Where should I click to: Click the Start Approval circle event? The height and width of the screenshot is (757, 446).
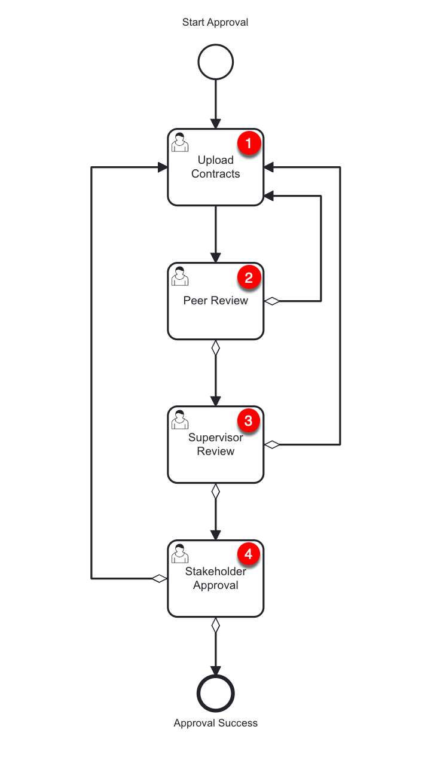(215, 62)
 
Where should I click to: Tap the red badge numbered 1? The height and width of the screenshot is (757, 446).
(249, 144)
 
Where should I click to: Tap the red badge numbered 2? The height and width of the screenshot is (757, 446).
(249, 277)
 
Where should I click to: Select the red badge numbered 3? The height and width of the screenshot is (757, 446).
(249, 421)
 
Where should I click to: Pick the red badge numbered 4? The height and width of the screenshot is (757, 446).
(249, 555)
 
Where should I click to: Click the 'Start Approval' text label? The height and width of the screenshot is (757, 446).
(215, 22)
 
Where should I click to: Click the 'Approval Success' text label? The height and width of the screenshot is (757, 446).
(215, 723)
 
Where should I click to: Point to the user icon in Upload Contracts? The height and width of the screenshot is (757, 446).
(179, 142)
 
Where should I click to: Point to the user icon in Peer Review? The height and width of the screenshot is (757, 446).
(179, 276)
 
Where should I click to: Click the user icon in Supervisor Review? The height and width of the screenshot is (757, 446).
(179, 420)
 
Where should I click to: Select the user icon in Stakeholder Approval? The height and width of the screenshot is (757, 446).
(179, 554)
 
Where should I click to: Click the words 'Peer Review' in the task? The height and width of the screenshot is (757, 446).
(215, 301)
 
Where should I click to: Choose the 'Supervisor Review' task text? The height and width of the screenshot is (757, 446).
(215, 444)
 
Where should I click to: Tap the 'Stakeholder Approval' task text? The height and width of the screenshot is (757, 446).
(215, 578)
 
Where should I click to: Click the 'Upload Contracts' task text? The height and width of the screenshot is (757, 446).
(215, 167)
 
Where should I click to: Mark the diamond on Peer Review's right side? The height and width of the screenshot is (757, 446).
(272, 301)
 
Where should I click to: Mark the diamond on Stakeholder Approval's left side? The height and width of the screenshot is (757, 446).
(159, 578)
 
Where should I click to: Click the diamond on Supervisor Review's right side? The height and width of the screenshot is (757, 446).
(272, 444)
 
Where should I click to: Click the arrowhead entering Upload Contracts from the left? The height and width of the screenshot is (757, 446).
(162, 167)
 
